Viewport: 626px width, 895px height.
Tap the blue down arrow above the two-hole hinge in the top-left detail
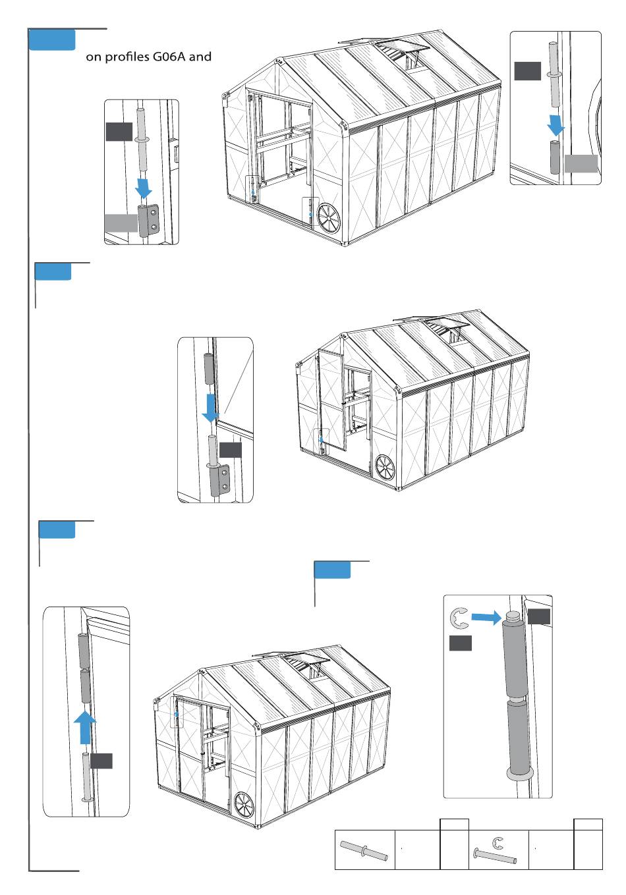point(143,189)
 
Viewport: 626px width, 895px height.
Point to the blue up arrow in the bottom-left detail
point(84,726)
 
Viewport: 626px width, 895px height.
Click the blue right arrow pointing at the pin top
point(486,617)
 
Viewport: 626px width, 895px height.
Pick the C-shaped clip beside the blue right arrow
point(459,618)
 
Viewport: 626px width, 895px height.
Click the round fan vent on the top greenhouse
point(328,219)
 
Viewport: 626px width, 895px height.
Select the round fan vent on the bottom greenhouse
point(244,805)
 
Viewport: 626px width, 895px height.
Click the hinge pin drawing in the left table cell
point(364,850)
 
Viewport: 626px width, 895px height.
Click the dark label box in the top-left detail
point(119,132)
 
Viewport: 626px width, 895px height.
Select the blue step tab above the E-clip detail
point(332,570)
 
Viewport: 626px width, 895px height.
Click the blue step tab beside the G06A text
point(52,41)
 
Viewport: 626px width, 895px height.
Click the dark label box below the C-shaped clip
point(461,643)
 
